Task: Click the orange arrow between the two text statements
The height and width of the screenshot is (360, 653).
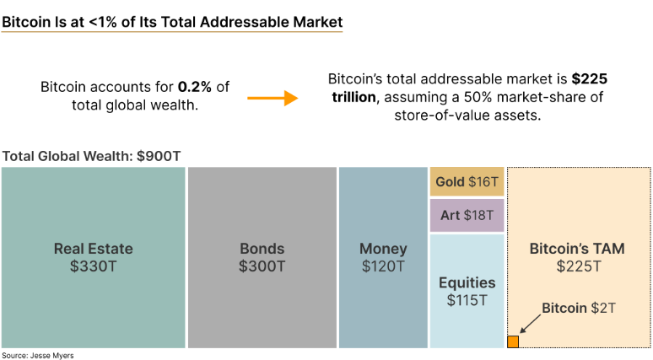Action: click(273, 98)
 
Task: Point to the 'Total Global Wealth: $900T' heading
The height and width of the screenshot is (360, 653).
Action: click(91, 156)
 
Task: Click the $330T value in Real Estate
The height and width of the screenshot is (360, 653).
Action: click(93, 266)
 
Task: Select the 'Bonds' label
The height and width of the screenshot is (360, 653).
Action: click(262, 249)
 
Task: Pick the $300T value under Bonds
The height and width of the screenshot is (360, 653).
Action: click(262, 266)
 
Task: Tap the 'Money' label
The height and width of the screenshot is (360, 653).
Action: click(383, 249)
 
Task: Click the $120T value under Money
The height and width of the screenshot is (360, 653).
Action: click(383, 266)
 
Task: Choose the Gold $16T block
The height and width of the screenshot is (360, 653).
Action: click(467, 181)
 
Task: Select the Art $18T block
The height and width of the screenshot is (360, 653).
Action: click(467, 215)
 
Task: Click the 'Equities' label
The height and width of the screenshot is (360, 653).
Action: click(467, 282)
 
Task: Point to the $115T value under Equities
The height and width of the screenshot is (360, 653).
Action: click(467, 299)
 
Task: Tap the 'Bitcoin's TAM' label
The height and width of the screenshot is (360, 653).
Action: click(578, 249)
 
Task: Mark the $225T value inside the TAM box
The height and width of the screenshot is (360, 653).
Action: click(578, 266)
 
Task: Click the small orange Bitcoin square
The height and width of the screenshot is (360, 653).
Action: click(512, 341)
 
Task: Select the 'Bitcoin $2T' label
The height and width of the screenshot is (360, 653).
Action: click(579, 308)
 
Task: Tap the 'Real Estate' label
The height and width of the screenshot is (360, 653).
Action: click(93, 249)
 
